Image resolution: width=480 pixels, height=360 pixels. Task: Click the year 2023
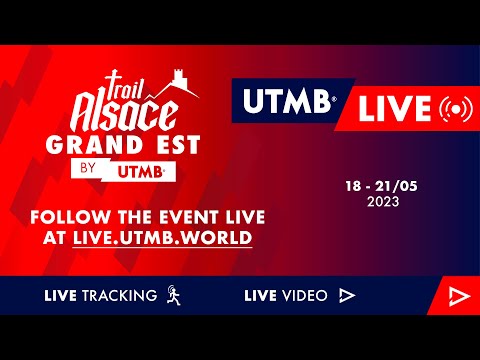(x=382, y=201)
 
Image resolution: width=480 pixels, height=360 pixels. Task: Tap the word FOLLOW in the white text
(x=69, y=217)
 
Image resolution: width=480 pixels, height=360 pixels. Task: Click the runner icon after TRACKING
(x=173, y=295)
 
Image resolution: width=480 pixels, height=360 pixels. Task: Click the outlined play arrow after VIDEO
(x=347, y=295)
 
